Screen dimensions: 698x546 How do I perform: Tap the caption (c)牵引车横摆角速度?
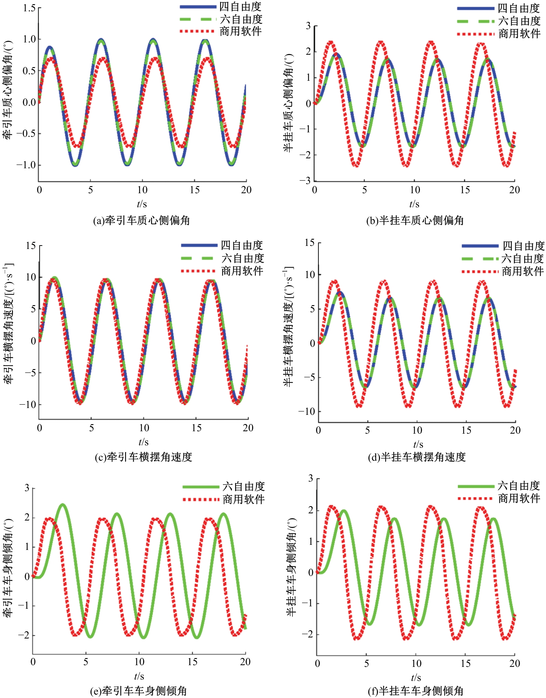click(144, 457)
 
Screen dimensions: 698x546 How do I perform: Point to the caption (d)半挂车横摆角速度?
click(417, 457)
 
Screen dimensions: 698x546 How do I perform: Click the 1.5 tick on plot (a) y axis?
click(29, 8)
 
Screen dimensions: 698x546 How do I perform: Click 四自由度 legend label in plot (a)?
click(240, 6)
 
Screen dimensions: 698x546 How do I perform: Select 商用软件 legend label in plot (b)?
click(519, 34)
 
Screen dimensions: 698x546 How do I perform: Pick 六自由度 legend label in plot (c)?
click(243, 258)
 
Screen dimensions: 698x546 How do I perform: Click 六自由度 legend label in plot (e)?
click(244, 486)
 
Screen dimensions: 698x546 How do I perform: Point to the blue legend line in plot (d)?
click(480, 246)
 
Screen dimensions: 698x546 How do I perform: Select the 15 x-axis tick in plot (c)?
click(196, 428)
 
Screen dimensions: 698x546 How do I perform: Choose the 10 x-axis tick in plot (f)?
click(416, 664)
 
